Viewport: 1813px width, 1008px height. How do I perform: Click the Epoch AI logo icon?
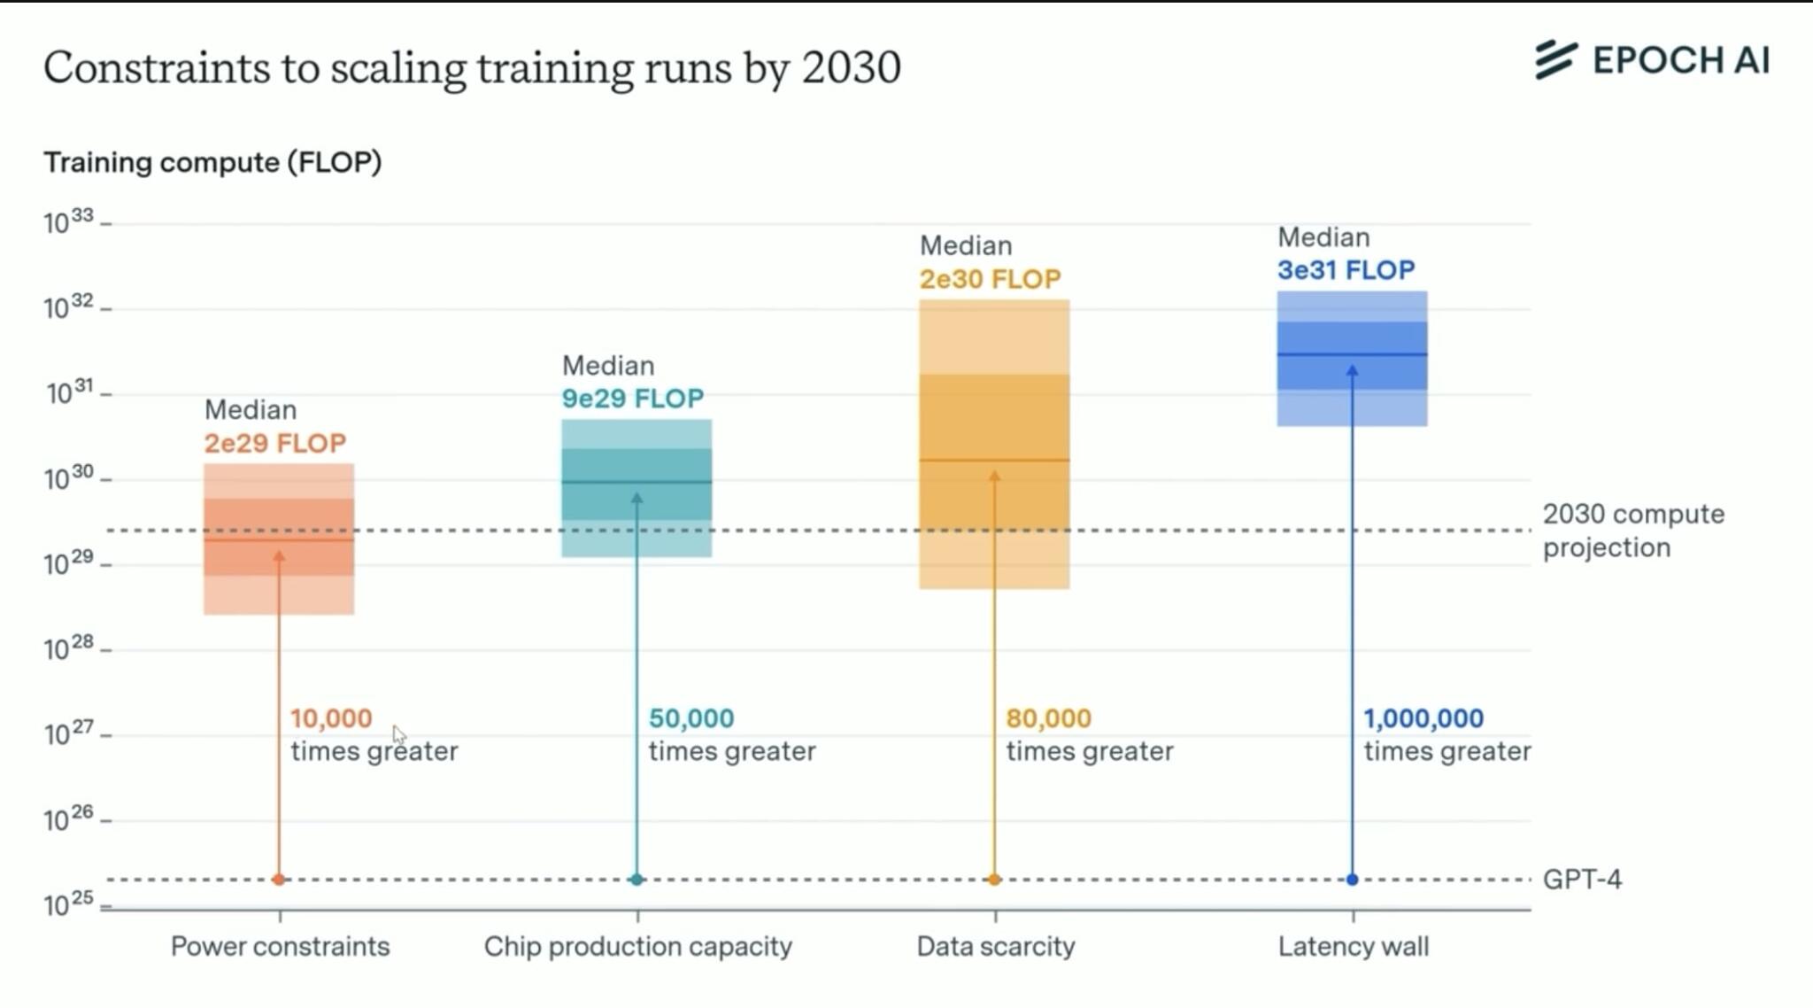(x=1555, y=59)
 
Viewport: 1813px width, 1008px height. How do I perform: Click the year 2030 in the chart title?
(x=851, y=67)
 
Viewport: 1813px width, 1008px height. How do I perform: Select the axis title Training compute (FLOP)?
(x=212, y=163)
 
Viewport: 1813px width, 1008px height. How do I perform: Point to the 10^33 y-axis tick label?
(x=68, y=221)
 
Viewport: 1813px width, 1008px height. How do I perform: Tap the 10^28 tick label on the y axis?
(x=68, y=647)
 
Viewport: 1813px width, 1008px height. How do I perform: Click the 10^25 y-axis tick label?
(x=68, y=903)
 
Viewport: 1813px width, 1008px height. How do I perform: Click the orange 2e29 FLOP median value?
(x=274, y=443)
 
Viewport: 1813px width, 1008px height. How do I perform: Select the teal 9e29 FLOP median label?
(x=632, y=399)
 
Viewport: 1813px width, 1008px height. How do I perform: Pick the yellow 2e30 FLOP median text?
(x=990, y=280)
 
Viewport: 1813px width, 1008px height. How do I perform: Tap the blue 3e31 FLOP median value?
(x=1346, y=270)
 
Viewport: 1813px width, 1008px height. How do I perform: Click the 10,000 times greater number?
(x=331, y=718)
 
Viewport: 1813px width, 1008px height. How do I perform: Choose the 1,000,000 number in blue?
(x=1423, y=718)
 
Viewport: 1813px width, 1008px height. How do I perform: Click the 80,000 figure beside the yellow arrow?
(x=1048, y=718)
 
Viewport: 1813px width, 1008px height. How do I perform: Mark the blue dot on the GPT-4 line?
(x=1352, y=880)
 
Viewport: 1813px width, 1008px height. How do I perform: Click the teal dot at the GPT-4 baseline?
(x=636, y=880)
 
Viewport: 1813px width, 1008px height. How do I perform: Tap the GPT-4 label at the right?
(x=1582, y=880)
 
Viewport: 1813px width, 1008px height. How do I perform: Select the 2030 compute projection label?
(x=1632, y=531)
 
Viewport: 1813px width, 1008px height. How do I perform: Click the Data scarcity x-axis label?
(x=995, y=946)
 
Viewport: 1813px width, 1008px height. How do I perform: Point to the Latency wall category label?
(x=1353, y=946)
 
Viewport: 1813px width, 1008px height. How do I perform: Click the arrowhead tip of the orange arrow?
(x=279, y=554)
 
